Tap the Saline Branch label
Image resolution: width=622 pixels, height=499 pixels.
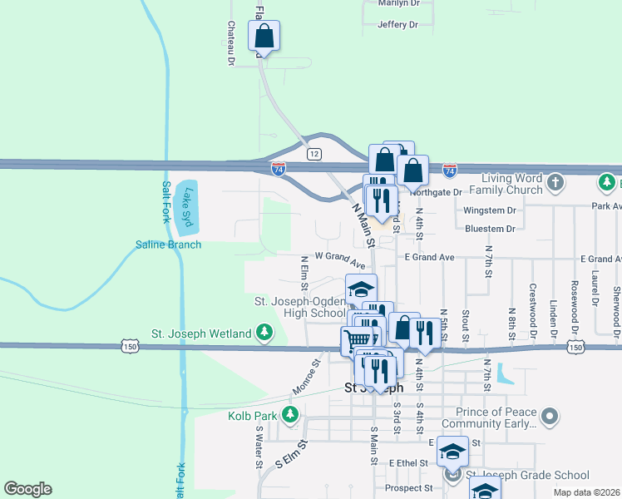pyautogui.click(x=169, y=245)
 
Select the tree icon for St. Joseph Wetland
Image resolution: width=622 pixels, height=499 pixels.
pyautogui.click(x=264, y=333)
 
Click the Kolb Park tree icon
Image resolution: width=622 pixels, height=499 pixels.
pyautogui.click(x=290, y=413)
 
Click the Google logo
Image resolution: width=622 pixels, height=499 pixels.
pyautogui.click(x=27, y=489)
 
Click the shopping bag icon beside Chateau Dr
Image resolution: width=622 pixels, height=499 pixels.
pyautogui.click(x=264, y=37)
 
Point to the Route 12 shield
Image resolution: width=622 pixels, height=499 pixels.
pyautogui.click(x=313, y=154)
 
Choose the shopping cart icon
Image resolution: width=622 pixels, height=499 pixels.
pyautogui.click(x=358, y=339)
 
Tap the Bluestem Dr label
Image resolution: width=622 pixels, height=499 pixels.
pyautogui.click(x=490, y=228)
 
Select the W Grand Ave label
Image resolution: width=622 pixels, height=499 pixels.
pyautogui.click(x=340, y=259)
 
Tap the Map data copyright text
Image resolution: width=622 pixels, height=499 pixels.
pyautogui.click(x=586, y=492)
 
